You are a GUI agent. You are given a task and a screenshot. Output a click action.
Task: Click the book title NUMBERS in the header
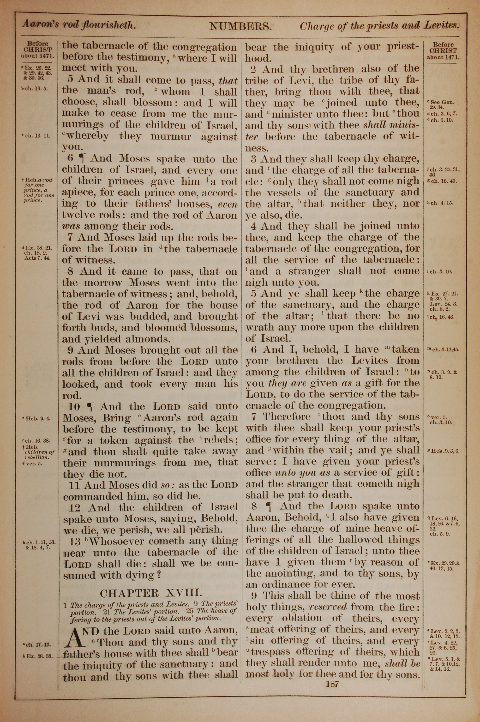pyautogui.click(x=240, y=27)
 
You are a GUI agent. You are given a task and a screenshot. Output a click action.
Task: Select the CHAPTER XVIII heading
pyautogui.click(x=151, y=593)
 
